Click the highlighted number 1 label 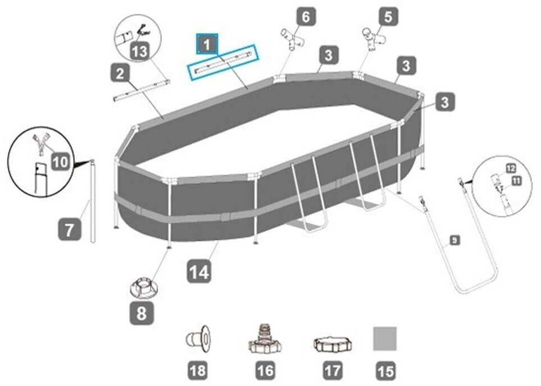(206, 44)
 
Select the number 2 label (120, 73)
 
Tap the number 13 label (139, 53)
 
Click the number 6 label (306, 16)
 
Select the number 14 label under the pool (199, 273)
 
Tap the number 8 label (142, 313)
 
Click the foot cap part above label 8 (143, 288)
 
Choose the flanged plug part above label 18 (198, 340)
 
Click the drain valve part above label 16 (265, 339)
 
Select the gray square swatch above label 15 (385, 339)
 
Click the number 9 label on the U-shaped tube (454, 241)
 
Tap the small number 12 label (511, 168)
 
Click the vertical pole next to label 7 (93, 202)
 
